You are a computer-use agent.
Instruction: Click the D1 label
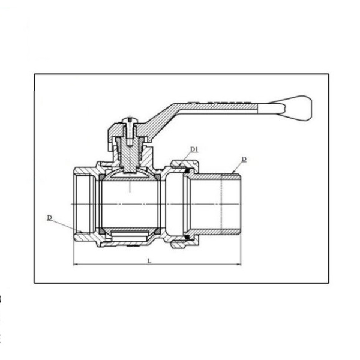coord(194,149)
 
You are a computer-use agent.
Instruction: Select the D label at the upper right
coord(244,159)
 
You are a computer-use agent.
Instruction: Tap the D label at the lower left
coord(50,217)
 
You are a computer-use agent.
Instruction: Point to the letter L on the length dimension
coord(149,261)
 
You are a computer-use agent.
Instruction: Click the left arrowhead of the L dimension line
coord(75,265)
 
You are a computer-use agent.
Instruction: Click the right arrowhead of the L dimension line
coord(239,265)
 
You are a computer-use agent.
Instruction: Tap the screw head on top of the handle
coord(130,121)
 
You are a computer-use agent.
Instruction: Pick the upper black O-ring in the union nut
coord(187,171)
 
